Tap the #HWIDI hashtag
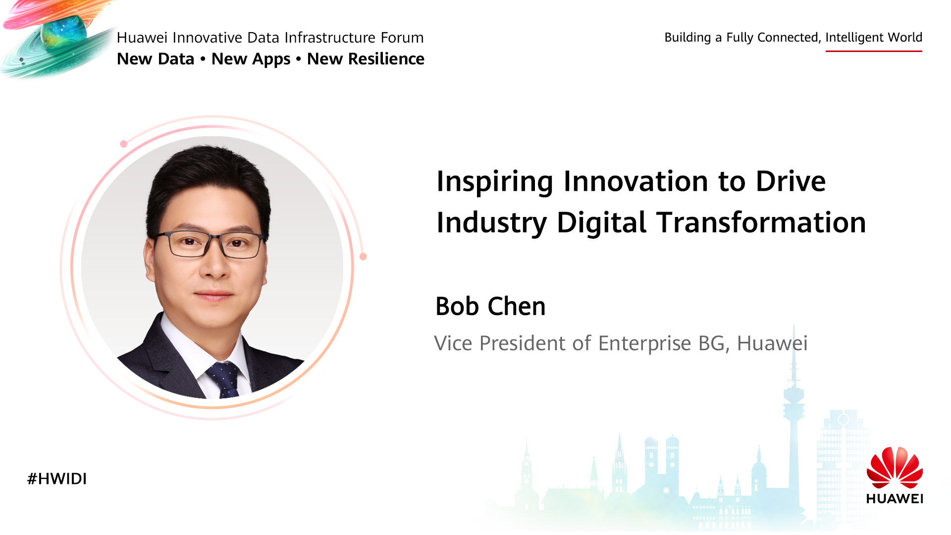point(57,479)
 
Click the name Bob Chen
point(490,306)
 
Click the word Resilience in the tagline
point(386,58)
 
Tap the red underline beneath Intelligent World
point(874,51)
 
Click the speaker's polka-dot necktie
point(224,379)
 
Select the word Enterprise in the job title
point(644,343)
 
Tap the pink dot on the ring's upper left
point(124,144)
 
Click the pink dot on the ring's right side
point(363,257)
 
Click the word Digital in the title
point(601,223)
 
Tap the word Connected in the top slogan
point(789,38)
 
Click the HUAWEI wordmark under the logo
point(895,498)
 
